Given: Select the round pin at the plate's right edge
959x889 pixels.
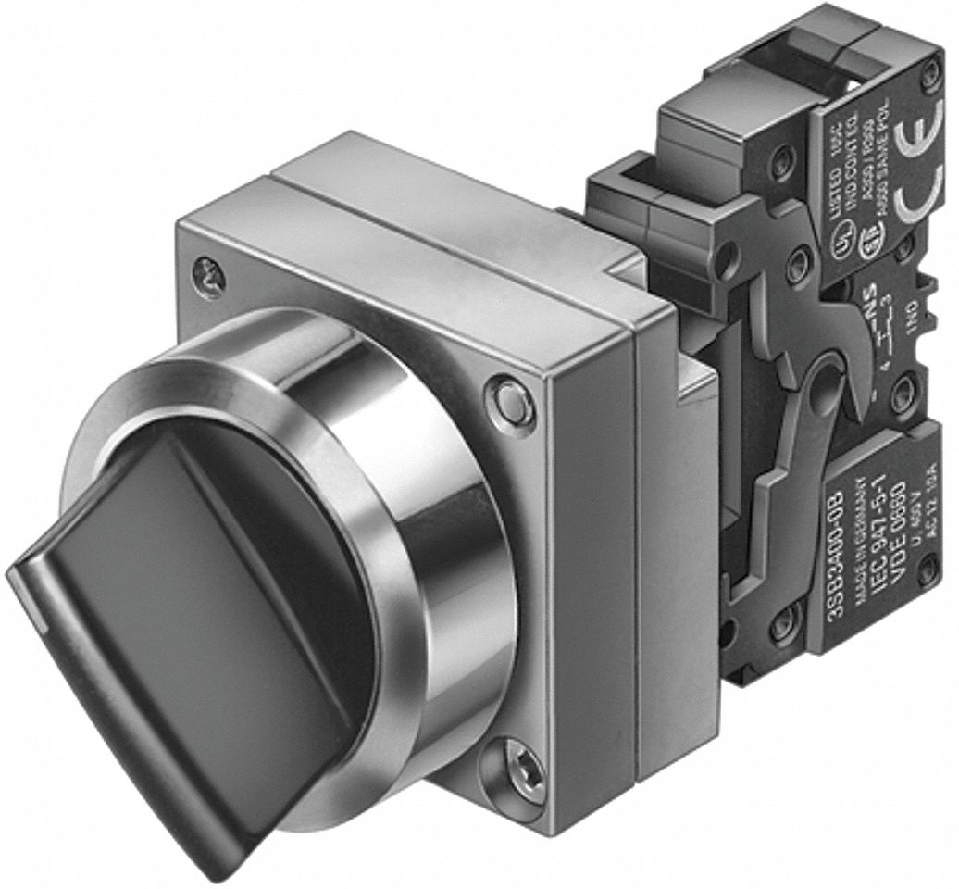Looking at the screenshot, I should [x=511, y=401].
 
